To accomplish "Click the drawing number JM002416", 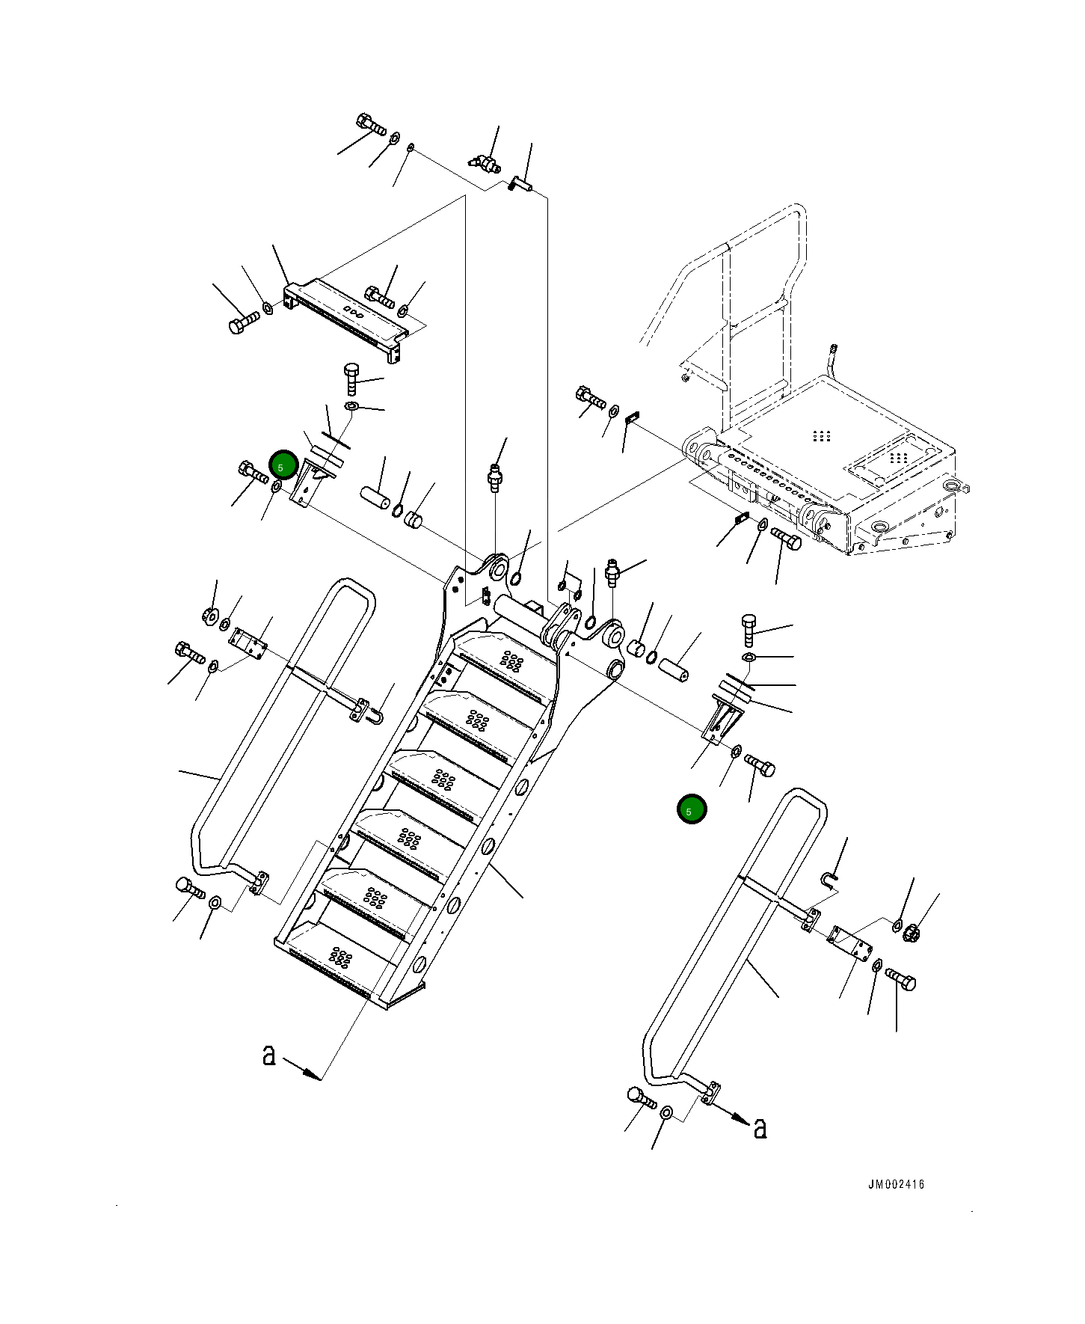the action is tap(896, 1183).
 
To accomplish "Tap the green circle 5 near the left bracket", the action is tap(283, 466).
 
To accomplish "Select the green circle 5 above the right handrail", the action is tap(691, 809).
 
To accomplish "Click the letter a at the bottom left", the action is tap(269, 1055).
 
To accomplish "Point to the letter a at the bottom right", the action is tap(760, 1127).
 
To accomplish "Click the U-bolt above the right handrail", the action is tap(830, 878).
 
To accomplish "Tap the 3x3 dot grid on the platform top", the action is tap(822, 435).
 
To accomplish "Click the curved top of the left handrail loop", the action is tap(350, 586).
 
